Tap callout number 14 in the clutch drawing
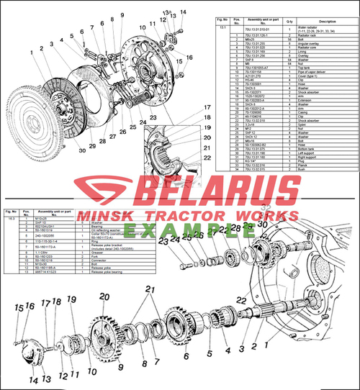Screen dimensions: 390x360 pos(184,12)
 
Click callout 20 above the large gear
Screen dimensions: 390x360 pos(104,296)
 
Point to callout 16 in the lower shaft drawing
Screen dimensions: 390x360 pos(30,306)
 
